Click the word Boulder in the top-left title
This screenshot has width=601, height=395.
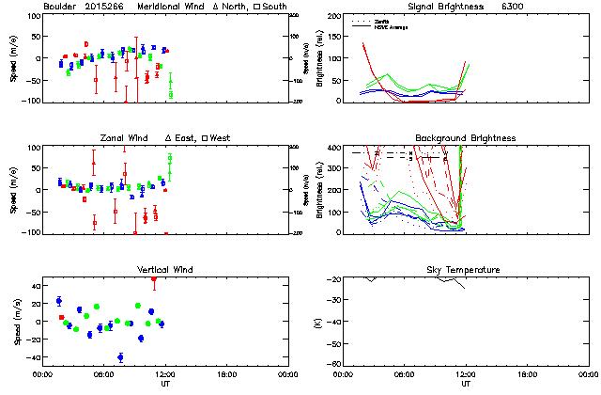(x=60, y=7)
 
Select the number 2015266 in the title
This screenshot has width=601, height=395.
(x=109, y=7)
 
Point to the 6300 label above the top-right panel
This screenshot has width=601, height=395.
(x=513, y=7)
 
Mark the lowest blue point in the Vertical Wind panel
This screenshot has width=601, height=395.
(x=120, y=357)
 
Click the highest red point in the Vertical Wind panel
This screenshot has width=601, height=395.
(x=154, y=278)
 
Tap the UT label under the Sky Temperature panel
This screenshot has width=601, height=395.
(x=466, y=384)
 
